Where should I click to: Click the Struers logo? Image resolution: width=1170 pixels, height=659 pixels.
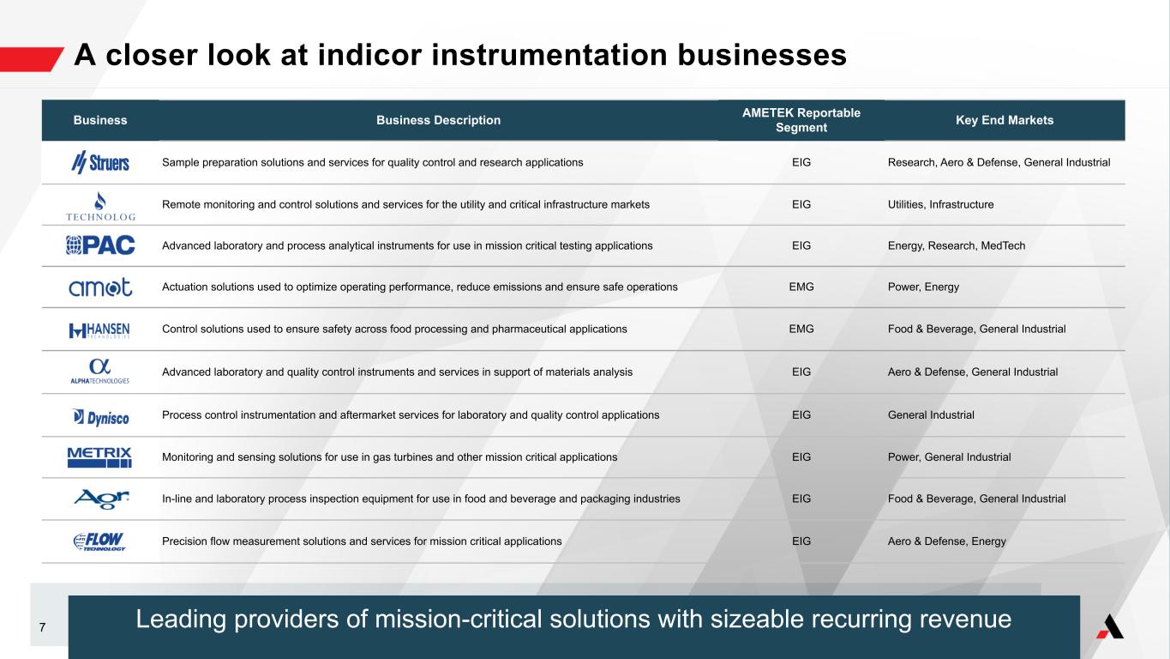point(99,162)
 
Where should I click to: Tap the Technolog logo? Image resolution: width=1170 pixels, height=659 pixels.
point(100,207)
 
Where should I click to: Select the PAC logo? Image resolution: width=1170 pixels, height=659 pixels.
point(100,245)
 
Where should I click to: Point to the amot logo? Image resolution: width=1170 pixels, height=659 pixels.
point(100,287)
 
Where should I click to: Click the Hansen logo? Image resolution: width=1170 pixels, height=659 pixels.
point(99,330)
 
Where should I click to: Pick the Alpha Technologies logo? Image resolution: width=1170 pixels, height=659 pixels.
point(99,372)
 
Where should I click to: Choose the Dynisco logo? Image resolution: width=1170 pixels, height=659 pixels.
point(100,417)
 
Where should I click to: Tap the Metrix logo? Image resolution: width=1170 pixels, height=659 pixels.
point(99,457)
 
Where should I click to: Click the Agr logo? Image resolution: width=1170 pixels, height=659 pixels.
point(101,499)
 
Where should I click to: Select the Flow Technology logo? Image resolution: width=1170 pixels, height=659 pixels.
point(99,541)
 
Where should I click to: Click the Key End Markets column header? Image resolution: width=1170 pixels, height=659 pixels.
point(1005,120)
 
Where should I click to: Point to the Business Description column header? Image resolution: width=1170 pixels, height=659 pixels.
point(438,120)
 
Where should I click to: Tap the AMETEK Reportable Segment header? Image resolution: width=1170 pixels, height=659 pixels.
point(801,120)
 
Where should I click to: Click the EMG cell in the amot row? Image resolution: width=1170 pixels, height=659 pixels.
point(801,287)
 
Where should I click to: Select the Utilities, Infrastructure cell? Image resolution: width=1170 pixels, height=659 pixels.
point(940,204)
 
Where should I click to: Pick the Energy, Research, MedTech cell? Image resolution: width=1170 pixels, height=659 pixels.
point(957,245)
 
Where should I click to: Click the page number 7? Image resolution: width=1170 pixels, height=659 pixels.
point(42,627)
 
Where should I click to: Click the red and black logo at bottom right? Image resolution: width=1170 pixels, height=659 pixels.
point(1110,626)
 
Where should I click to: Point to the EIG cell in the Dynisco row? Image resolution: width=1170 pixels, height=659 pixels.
point(801,414)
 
